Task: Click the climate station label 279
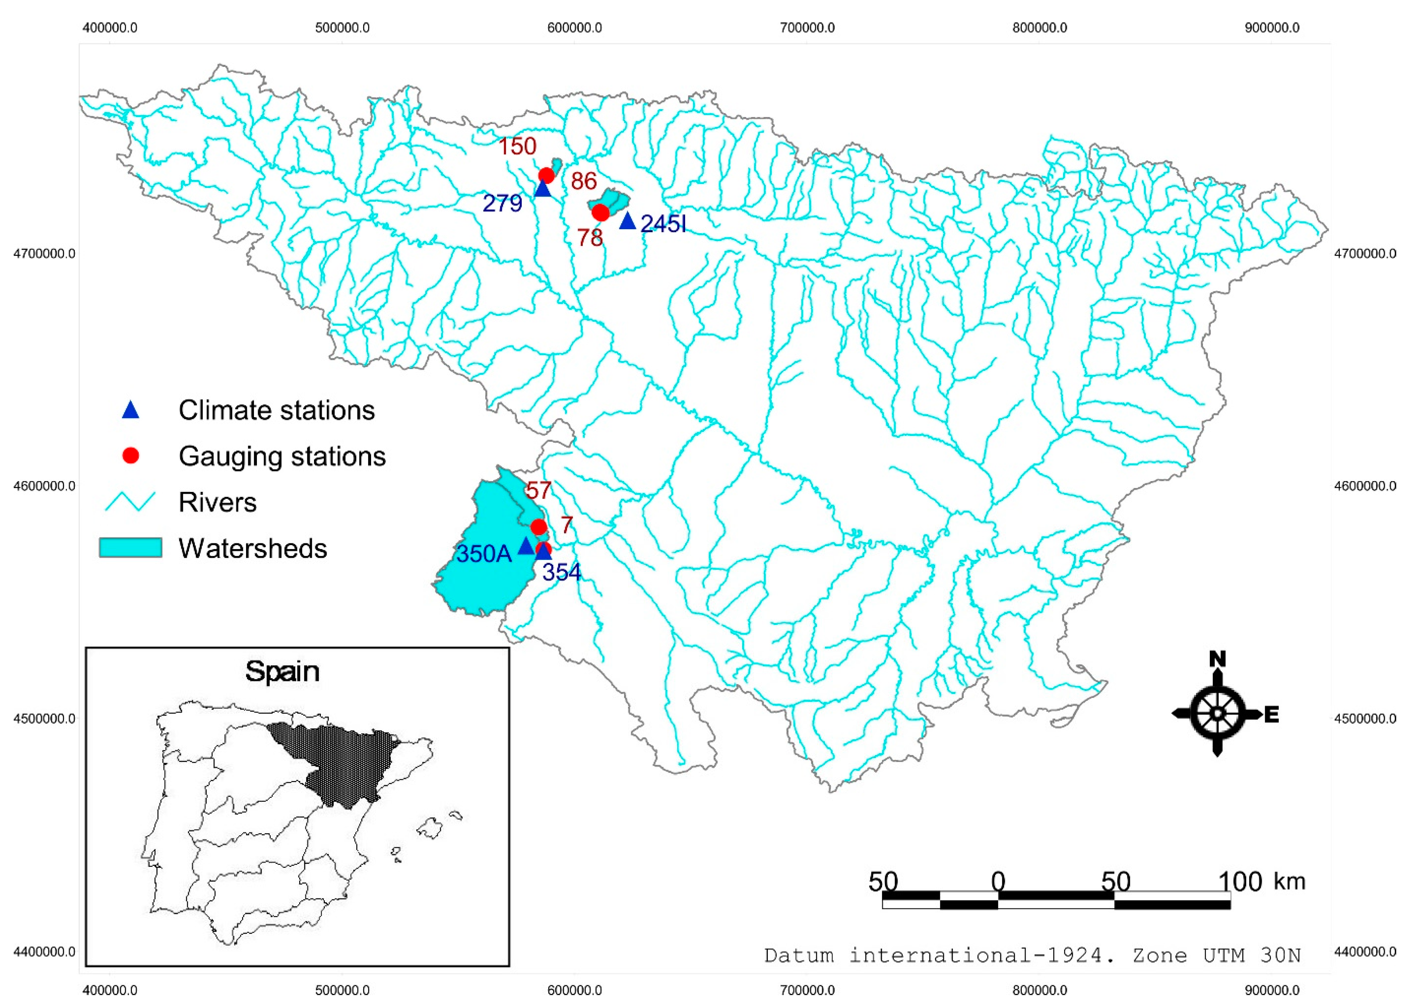click(x=502, y=203)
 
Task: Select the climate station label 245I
click(x=663, y=224)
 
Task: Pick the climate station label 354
click(x=562, y=572)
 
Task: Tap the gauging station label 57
click(x=538, y=490)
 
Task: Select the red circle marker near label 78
click(x=600, y=213)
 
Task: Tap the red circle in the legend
click(x=130, y=456)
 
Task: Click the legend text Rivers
click(x=217, y=502)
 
